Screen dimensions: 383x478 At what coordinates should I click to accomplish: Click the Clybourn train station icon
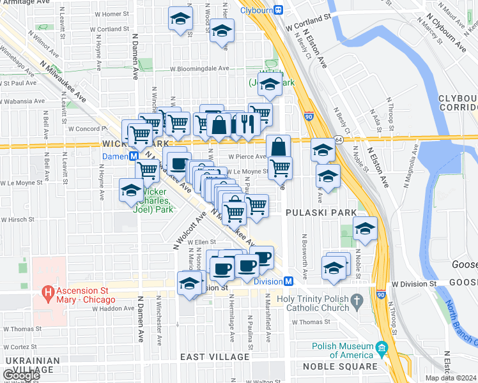279,10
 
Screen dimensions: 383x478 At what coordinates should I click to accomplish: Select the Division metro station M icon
289,281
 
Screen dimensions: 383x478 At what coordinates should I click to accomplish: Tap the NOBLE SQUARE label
339,366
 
